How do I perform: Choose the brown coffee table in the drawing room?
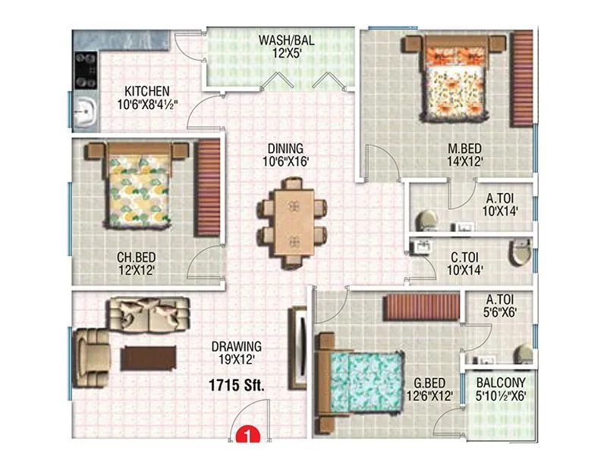click(x=149, y=357)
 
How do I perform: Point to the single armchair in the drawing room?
click(x=91, y=353)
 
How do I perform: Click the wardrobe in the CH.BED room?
click(x=207, y=188)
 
